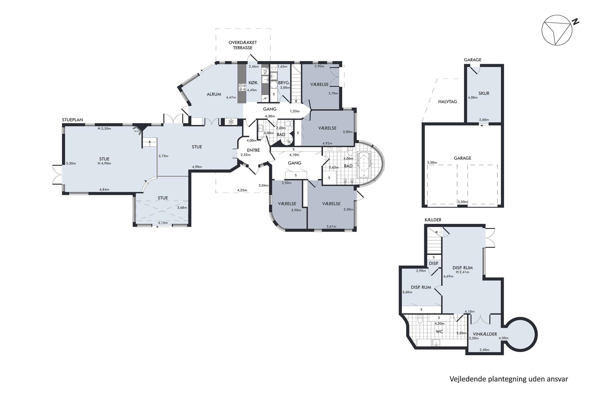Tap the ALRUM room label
[214, 94]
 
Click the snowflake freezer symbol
[231, 122]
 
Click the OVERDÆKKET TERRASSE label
[243, 45]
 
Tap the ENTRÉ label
[253, 150]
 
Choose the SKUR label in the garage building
[484, 93]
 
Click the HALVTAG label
[447, 102]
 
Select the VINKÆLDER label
[485, 334]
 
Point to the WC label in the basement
[440, 332]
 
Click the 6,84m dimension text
[104, 189]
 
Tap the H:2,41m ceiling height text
[462, 272]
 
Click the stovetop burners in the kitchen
[242, 87]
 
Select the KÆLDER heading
[433, 220]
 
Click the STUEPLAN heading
[72, 120]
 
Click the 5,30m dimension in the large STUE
[71, 163]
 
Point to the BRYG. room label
[284, 83]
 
